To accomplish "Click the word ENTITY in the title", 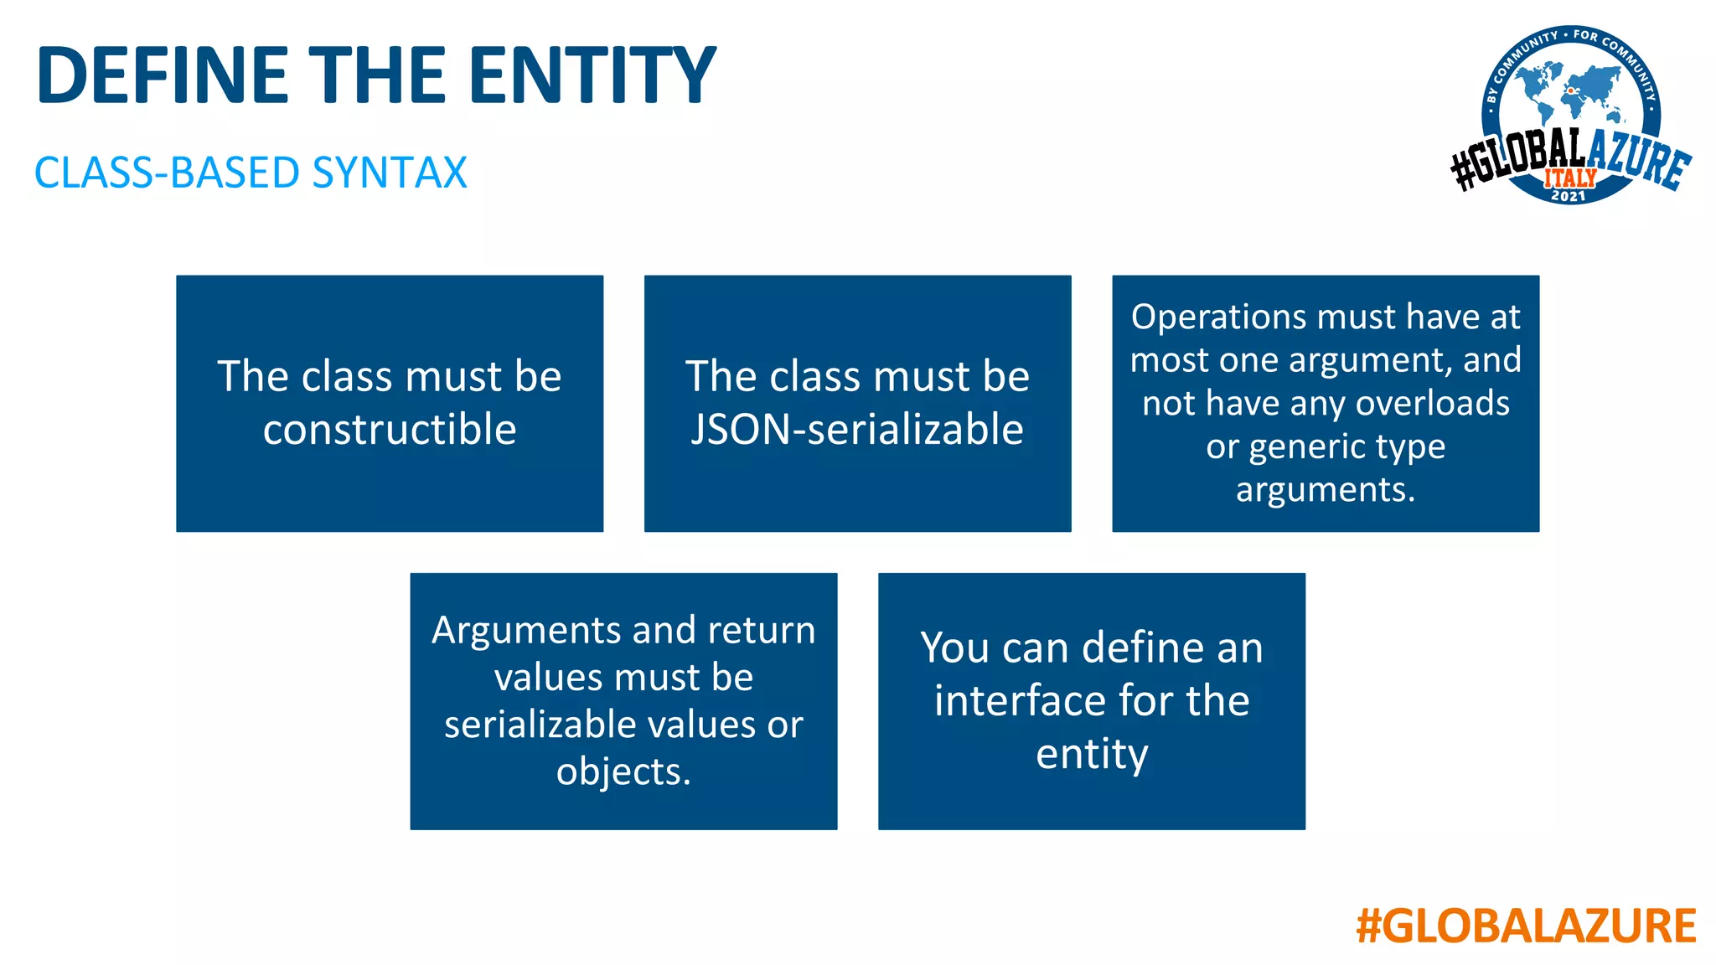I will click(x=592, y=75).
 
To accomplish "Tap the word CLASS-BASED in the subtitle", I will click(x=167, y=173).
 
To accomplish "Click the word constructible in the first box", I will click(x=390, y=430).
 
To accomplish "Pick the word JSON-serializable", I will click(x=857, y=430).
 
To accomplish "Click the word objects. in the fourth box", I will click(x=623, y=771).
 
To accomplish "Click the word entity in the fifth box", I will click(x=1092, y=754).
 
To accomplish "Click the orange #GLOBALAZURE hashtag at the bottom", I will click(x=1526, y=926).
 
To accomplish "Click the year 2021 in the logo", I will click(x=1568, y=196).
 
